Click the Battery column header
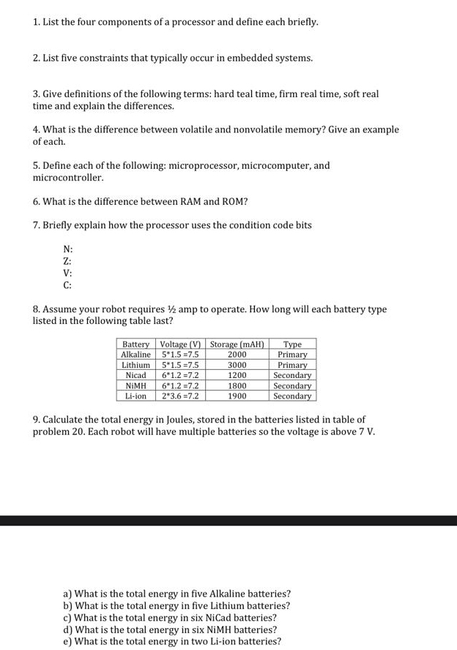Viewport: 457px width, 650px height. point(135,344)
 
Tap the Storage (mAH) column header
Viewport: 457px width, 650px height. point(237,344)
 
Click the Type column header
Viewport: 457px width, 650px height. point(292,344)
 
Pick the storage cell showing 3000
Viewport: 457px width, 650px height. point(237,365)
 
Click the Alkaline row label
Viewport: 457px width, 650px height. point(135,355)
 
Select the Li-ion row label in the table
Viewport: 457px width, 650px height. point(135,396)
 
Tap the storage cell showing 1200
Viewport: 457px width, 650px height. point(237,375)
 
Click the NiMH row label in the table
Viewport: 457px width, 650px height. point(135,385)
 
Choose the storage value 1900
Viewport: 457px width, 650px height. point(237,396)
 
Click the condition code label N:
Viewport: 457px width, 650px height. point(67,249)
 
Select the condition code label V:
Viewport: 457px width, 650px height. point(67,273)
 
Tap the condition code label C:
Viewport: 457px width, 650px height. point(67,285)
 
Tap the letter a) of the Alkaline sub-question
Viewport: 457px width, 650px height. point(68,594)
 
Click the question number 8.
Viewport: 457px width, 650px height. point(37,309)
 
